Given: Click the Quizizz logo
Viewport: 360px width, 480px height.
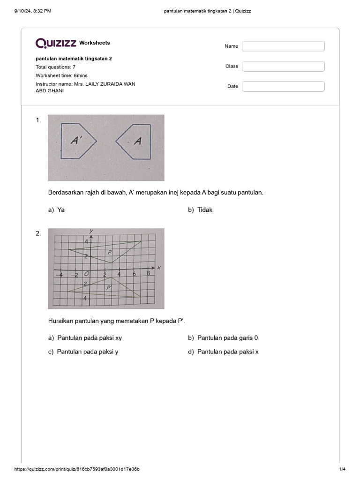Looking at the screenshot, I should [x=56, y=43].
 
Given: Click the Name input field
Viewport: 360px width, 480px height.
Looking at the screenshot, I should [x=283, y=46].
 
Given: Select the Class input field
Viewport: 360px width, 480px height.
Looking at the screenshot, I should [x=283, y=67].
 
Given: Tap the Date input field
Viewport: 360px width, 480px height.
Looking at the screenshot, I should [x=283, y=87].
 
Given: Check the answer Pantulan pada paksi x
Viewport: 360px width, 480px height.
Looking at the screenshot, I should [x=224, y=352].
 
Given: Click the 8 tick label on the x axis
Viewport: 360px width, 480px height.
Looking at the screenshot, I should [x=148, y=274].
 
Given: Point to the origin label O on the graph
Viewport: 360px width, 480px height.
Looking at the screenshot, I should [x=86, y=274].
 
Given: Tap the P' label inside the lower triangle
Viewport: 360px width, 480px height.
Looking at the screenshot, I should [x=109, y=288].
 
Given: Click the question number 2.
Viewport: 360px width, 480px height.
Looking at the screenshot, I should [x=38, y=233].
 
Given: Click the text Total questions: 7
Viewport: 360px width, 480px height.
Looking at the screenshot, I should [x=56, y=67].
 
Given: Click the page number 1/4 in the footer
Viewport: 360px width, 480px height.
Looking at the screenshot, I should [x=342, y=469].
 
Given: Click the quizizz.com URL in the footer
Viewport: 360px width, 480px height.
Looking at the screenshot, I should [x=77, y=469].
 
